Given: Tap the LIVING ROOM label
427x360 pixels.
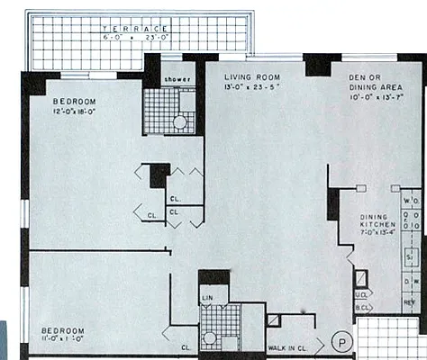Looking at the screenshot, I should click(x=250, y=77).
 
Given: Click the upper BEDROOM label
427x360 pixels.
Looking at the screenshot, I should click(x=70, y=101).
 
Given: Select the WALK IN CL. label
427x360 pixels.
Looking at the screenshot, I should click(x=290, y=346).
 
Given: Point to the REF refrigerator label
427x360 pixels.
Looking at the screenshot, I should click(x=411, y=302).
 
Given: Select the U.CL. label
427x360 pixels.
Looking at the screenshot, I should click(x=361, y=293).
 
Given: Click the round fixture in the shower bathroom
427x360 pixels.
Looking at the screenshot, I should click(x=179, y=121).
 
